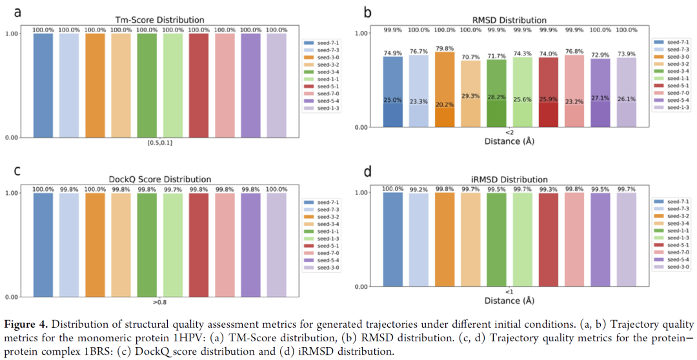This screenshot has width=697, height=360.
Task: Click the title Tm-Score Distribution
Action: click(x=160, y=20)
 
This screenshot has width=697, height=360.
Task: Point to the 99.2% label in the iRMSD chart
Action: click(x=418, y=189)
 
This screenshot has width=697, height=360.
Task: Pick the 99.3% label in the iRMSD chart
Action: click(x=548, y=189)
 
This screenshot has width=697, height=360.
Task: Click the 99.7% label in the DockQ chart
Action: click(x=172, y=189)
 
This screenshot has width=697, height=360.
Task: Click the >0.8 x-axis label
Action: click(x=160, y=301)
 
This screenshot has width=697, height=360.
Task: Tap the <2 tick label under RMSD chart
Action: click(x=509, y=132)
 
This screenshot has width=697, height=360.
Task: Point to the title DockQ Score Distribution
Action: click(x=160, y=179)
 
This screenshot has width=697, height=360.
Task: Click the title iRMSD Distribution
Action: click(x=509, y=179)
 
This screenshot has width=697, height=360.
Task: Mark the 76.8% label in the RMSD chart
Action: click(x=574, y=52)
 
